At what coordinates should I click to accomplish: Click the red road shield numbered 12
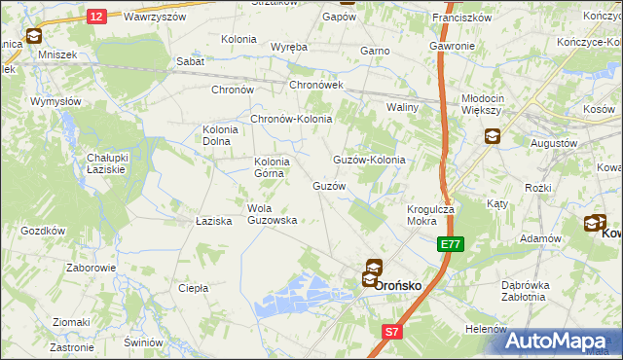[x=95, y=16]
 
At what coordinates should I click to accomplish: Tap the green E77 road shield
[x=450, y=244]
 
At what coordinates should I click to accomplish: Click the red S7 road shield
[x=390, y=332]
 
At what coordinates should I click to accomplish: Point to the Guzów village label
[x=328, y=185]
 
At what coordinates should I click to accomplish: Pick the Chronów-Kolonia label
[x=292, y=120]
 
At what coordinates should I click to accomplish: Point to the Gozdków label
[x=42, y=231]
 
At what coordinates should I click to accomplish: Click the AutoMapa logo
[x=557, y=341]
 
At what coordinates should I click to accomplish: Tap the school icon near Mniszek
[x=33, y=37]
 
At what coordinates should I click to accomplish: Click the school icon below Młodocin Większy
[x=492, y=137]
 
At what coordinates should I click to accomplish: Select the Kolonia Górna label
[x=272, y=167]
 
